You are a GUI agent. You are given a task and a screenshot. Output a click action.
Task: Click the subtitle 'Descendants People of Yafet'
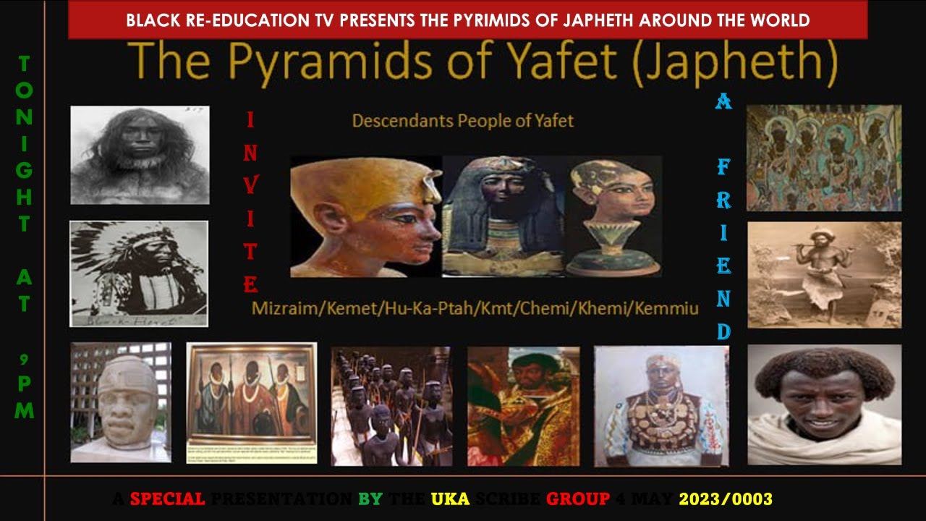[462, 121]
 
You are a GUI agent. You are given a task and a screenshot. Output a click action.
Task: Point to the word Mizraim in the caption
[284, 310]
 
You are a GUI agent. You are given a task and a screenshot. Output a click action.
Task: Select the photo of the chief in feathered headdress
[139, 274]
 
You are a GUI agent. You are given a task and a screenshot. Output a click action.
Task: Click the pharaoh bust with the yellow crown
[366, 216]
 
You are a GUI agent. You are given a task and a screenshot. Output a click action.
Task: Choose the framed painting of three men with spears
[252, 402]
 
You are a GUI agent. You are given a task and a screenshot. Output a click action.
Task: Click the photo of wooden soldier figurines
[391, 406]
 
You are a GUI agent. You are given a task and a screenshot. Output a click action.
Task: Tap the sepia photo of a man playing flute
[824, 275]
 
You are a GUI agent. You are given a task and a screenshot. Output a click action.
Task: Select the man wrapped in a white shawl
[824, 404]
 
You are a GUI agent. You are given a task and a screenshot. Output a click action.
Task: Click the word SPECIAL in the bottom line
[168, 499]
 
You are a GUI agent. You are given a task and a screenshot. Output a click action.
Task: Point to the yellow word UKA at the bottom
[451, 499]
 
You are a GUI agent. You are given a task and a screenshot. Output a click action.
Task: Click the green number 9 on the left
[25, 358]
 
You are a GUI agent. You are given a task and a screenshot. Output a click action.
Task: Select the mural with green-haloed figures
[824, 158]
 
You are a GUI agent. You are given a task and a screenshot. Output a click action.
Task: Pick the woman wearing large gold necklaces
[661, 406]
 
